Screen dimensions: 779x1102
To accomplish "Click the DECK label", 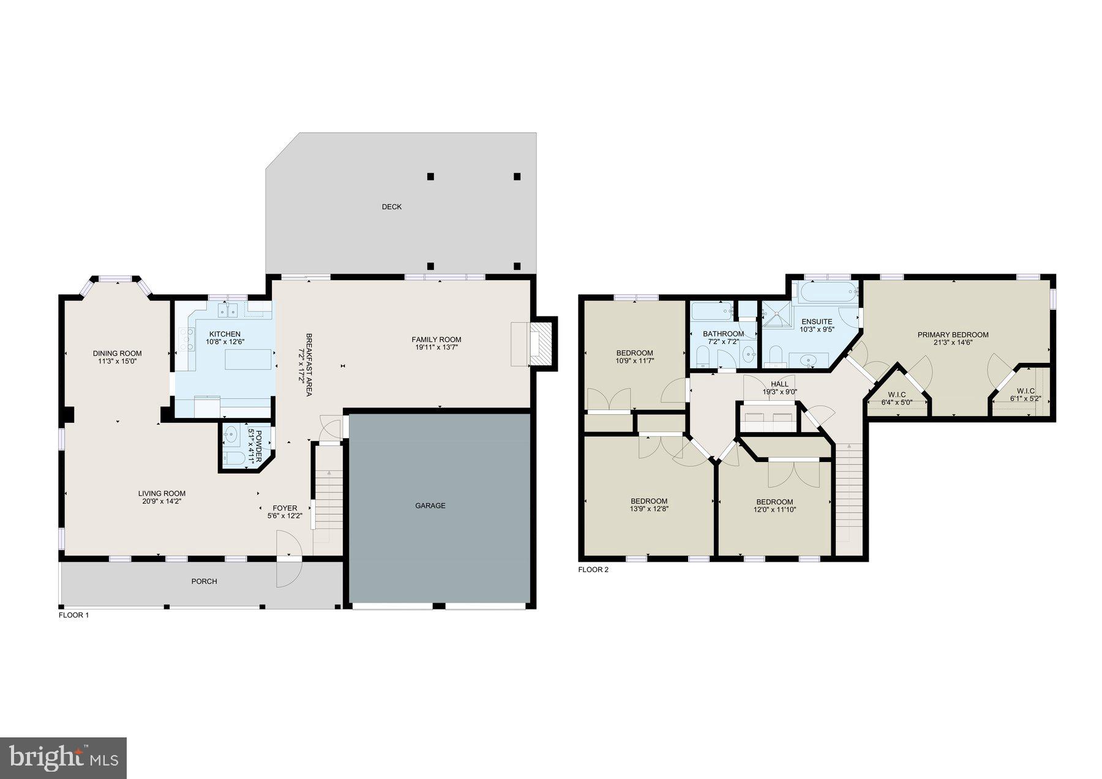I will point(392,207).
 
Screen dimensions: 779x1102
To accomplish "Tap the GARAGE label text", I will point(430,505).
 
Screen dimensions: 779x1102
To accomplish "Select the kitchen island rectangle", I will point(249,359).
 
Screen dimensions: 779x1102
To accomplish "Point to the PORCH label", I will point(204,581).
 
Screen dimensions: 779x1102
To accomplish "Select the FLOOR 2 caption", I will point(593,570).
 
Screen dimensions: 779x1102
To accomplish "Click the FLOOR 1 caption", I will point(73,615).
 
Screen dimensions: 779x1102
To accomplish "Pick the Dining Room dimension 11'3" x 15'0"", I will point(117,361).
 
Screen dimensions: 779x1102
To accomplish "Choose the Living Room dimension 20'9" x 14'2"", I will point(162,501).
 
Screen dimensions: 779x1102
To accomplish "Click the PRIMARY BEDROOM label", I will point(953,335).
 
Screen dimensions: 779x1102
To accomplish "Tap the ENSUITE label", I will point(817,321).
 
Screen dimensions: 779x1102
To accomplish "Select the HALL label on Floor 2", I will point(779,384).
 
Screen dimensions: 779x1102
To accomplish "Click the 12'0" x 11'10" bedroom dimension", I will point(774,509).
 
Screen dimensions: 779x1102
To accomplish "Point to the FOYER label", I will point(285,508).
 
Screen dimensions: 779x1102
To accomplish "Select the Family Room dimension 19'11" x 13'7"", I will point(436,348).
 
